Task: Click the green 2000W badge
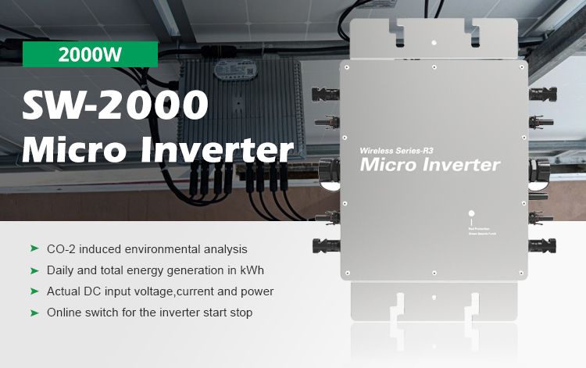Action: (x=90, y=55)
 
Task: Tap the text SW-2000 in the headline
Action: (x=116, y=105)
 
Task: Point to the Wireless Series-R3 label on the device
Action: (x=398, y=149)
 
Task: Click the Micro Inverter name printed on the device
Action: (x=429, y=165)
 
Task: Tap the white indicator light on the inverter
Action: (x=471, y=213)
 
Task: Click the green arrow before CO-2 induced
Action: (x=34, y=248)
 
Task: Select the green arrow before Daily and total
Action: (x=34, y=270)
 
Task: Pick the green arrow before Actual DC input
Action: (x=34, y=291)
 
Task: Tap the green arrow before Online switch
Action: (x=34, y=312)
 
